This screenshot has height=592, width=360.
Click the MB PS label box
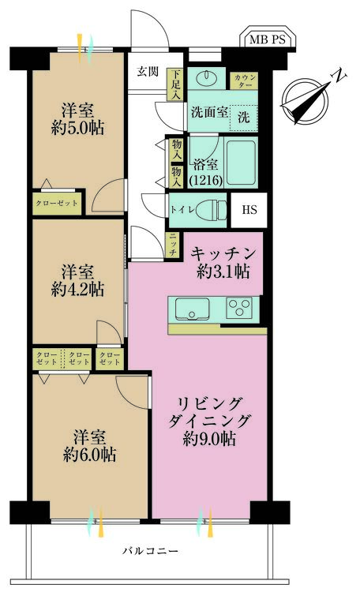[268, 38]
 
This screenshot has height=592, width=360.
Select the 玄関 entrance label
[148, 71]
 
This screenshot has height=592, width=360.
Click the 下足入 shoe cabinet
[175, 84]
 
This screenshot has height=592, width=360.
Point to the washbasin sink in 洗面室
[207, 78]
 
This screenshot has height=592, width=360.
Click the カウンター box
[244, 81]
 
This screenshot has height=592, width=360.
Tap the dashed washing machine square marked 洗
[244, 118]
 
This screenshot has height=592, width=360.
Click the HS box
[249, 210]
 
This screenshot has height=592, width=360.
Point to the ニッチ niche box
[173, 245]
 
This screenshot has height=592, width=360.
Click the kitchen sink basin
[192, 309]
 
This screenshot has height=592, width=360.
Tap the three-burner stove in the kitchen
[239, 307]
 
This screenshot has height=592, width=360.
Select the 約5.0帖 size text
[78, 129]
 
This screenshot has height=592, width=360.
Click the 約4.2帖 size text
[78, 290]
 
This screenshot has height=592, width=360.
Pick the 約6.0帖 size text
[89, 454]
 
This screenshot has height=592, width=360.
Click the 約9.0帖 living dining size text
[210, 438]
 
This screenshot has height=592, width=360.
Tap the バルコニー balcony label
[150, 551]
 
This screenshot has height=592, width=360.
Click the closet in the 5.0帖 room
[57, 204]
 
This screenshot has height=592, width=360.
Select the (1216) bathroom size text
[206, 180]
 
